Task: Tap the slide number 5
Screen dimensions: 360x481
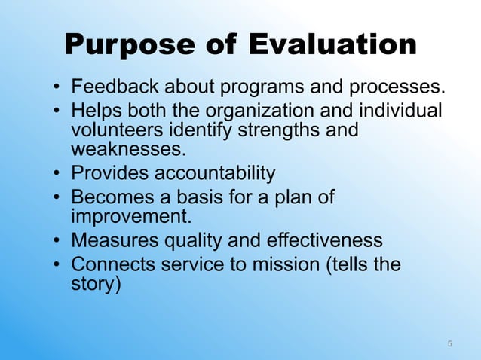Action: [x=450, y=344]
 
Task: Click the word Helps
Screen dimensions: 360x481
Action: [x=93, y=111]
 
